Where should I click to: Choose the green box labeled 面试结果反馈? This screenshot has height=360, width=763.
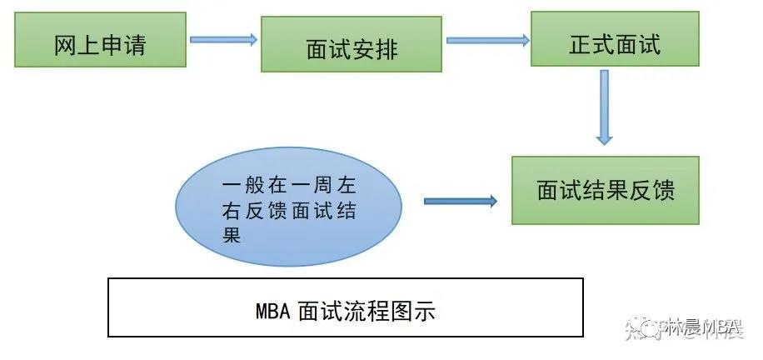point(605,190)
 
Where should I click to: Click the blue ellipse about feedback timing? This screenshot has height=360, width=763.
point(288,207)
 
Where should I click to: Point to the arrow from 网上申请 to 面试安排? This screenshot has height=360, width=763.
point(222,38)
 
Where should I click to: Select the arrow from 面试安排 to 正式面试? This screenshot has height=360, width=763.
point(488,38)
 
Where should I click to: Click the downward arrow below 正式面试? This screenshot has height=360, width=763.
point(605,107)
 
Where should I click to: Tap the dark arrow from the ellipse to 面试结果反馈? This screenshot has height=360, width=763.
point(460,201)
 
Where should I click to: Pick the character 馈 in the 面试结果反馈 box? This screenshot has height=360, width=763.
point(662,191)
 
